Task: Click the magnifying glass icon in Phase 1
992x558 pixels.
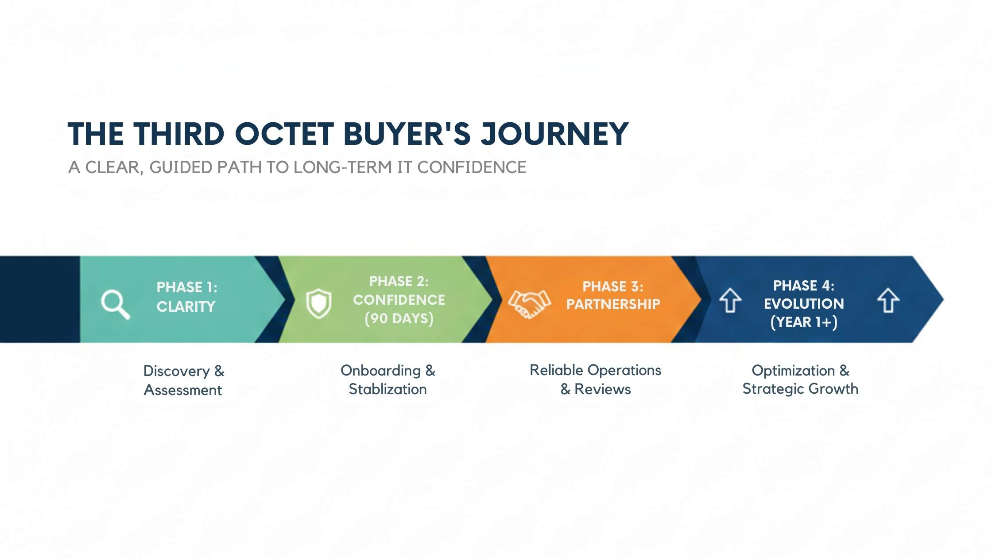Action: click(114, 303)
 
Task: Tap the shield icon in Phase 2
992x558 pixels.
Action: click(319, 303)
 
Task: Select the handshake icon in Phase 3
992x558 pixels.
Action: click(529, 304)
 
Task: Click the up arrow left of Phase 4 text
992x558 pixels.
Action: click(730, 300)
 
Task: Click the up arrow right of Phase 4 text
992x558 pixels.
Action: click(888, 300)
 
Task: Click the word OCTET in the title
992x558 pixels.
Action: click(283, 134)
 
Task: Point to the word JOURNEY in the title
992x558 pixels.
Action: click(554, 134)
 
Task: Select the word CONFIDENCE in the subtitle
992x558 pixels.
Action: click(471, 167)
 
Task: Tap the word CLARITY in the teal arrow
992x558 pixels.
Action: click(186, 306)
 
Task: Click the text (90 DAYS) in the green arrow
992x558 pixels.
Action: click(399, 318)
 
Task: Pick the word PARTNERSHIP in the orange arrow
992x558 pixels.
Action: click(613, 304)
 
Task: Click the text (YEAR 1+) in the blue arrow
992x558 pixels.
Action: click(804, 322)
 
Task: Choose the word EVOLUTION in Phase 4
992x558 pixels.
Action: click(804, 304)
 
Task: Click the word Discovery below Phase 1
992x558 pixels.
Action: click(176, 371)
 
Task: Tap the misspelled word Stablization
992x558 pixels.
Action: click(387, 389)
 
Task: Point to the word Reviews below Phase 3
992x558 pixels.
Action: click(602, 389)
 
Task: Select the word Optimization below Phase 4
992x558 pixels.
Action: click(793, 371)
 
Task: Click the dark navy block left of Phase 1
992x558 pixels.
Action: click(40, 299)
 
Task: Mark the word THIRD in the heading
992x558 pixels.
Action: click(179, 134)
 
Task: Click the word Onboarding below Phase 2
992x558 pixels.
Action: click(380, 371)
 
